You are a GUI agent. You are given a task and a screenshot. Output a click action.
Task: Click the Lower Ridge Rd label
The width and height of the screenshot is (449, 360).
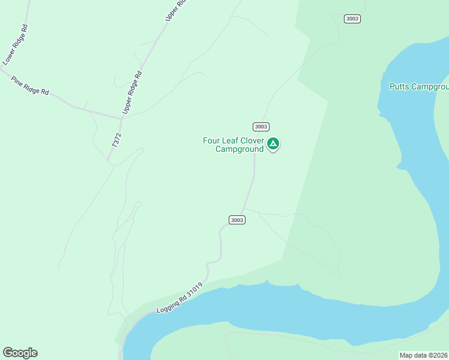[x=16, y=45]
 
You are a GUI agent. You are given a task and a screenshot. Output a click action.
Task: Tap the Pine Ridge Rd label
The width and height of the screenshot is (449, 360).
[x=29, y=85]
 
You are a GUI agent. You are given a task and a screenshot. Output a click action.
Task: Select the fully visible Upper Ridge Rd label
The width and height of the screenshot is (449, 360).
[x=132, y=93]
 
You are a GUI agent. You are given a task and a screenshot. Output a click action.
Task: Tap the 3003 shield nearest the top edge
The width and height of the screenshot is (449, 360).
[x=352, y=19]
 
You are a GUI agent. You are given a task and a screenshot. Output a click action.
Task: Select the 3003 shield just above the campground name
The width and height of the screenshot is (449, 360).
[x=261, y=127]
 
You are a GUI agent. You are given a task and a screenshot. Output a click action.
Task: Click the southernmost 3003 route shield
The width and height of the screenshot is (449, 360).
[x=237, y=220]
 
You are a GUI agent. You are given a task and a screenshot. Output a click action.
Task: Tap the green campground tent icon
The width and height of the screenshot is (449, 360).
[x=273, y=144]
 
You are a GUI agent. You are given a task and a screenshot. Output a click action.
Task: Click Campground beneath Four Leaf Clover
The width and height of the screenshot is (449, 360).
[x=240, y=149]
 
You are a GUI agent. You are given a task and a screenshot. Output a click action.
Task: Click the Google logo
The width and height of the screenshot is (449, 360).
[x=20, y=353]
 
